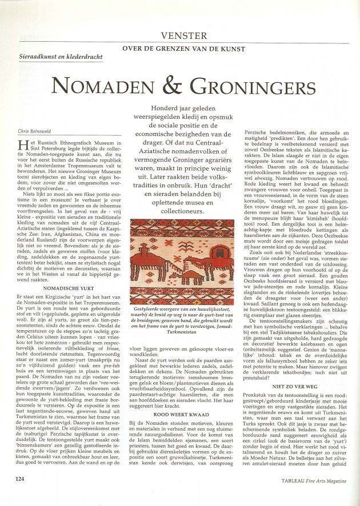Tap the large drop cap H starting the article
coord(23,145)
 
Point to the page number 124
coord(20,494)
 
